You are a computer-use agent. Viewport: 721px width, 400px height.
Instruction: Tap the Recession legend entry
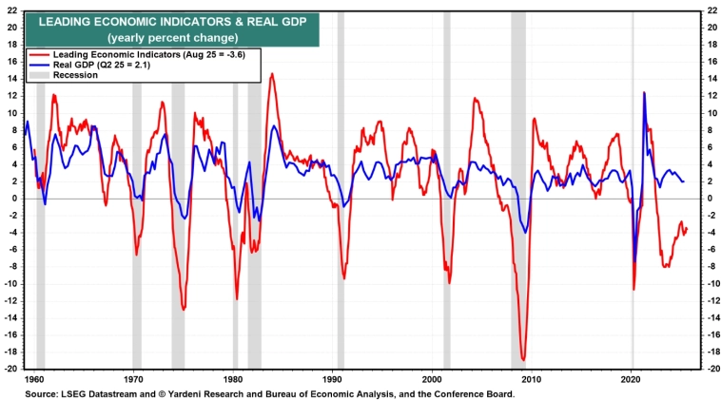76,74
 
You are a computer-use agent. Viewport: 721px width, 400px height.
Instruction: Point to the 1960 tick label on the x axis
35,377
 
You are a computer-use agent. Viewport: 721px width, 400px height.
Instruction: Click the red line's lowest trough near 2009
523,359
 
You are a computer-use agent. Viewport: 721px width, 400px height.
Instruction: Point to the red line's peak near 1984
272,74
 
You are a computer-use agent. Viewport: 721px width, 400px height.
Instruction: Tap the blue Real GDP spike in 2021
644,93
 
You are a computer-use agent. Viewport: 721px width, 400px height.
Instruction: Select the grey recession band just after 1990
341,190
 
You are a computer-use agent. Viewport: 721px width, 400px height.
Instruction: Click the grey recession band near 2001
446,190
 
